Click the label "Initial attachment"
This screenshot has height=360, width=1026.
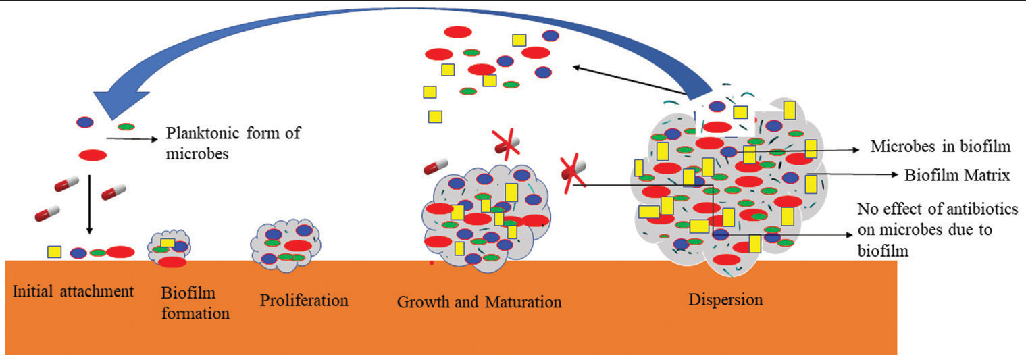coord(73,291)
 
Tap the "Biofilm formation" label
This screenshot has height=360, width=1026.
coord(196,303)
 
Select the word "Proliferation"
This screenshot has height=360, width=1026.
coord(304,301)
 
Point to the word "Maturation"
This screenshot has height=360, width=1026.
coord(523,302)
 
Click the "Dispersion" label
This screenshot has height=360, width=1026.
coord(725,299)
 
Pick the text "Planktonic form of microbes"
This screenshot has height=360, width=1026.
coord(233,143)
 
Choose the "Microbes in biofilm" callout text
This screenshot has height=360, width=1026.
coord(940,146)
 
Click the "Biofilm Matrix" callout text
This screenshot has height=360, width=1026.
coord(957,175)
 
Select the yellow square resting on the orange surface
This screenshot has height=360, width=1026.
coord(55,252)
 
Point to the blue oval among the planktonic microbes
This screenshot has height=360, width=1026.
coord(84,122)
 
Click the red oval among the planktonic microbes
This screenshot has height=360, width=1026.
coord(93,155)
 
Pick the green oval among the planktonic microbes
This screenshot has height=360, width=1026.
coord(126,126)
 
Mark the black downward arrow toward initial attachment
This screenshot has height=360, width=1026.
coord(90,204)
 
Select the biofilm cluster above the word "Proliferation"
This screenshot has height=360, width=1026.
coord(286,246)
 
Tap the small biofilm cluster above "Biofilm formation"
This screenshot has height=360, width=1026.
coord(169,249)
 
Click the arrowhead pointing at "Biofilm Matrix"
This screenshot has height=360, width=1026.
coord(894,174)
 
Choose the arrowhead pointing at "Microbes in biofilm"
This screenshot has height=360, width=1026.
coord(854,149)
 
